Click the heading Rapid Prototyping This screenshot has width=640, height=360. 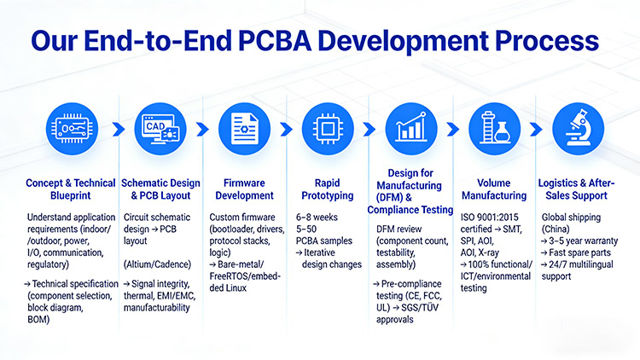tap(328, 189)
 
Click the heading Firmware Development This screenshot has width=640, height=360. tap(244, 189)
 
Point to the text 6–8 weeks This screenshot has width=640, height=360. tap(317, 218)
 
